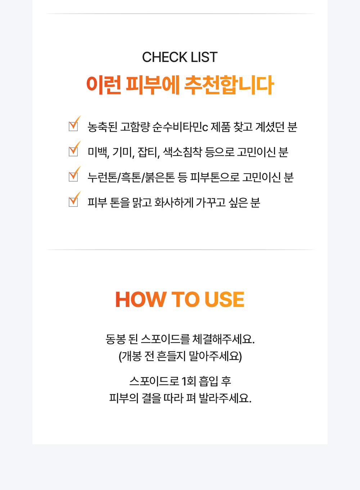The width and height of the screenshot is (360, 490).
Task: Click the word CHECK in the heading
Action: coord(165,57)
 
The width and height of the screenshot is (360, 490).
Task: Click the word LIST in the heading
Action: coord(204,57)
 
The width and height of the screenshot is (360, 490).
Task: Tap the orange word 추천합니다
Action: coord(229,85)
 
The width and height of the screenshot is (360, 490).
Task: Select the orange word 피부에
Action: coord(153,85)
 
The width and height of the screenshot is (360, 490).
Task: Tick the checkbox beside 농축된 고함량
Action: coord(73,126)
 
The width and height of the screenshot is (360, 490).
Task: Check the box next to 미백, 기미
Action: coord(73,152)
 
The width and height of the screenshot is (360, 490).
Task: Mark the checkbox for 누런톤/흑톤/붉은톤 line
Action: coord(73,177)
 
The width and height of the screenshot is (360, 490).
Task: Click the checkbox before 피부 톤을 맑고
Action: coord(73,202)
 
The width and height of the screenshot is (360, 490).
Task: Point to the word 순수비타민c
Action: coord(180,127)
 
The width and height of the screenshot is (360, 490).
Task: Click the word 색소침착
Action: coord(182,152)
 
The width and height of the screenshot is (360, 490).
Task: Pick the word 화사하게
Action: coord(174,202)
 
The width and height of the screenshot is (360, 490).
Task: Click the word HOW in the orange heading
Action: coord(141,299)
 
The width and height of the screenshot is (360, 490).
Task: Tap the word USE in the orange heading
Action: coord(224,299)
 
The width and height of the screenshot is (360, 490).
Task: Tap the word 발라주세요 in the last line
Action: coord(225,398)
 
